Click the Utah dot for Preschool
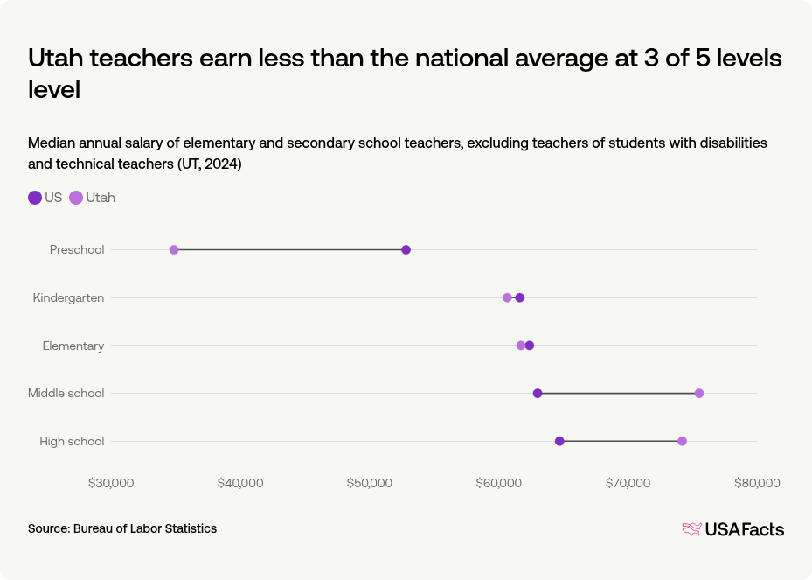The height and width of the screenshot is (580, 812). click(x=174, y=250)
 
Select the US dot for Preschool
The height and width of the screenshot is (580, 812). click(x=406, y=250)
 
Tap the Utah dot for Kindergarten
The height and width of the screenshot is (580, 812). click(x=507, y=297)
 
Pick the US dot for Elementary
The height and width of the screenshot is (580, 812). click(x=530, y=346)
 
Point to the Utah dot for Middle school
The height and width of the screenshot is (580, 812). click(x=699, y=393)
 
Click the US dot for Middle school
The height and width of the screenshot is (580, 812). click(x=538, y=393)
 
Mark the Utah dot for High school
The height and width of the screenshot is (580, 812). click(x=682, y=441)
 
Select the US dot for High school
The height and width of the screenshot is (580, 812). click(x=559, y=441)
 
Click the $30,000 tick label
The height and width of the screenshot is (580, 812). click(x=111, y=483)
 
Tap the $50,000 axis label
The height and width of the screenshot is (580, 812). click(x=370, y=483)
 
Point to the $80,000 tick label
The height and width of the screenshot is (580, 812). click(x=757, y=483)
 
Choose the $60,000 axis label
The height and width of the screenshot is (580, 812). click(x=499, y=483)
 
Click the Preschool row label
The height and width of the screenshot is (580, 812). click(x=77, y=250)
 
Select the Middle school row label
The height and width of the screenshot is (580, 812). click(x=66, y=393)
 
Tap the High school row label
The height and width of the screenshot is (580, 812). click(x=72, y=441)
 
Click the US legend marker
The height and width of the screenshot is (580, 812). click(x=35, y=198)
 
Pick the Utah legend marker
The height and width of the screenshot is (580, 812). click(x=76, y=198)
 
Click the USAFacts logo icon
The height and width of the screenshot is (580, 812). click(x=691, y=529)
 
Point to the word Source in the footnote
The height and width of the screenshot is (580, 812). click(x=48, y=528)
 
